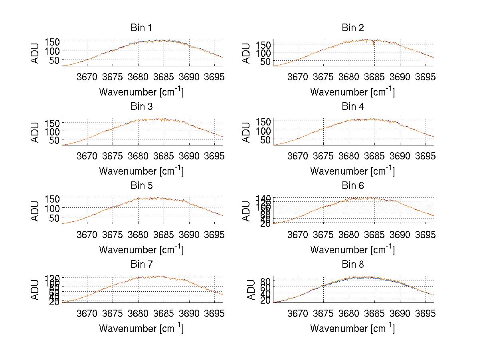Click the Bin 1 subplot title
tap(141, 28)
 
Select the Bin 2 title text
tap(353, 28)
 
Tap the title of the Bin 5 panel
tap(141, 185)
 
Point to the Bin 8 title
tap(353, 264)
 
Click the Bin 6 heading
tap(353, 185)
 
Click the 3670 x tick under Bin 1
tap(87, 77)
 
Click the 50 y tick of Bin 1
tap(55, 60)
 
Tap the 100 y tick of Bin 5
tap(52, 208)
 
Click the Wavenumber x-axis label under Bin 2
tap(352, 92)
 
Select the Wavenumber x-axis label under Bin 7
tap(141, 328)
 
